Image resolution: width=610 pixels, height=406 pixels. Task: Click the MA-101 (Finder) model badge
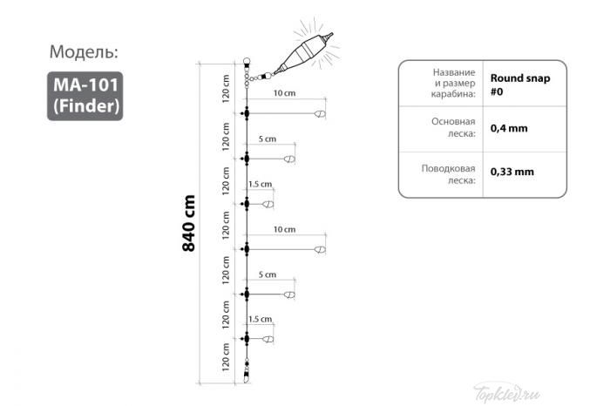85,96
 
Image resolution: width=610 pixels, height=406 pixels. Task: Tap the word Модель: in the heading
84,51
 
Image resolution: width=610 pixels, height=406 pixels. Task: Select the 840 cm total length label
189,223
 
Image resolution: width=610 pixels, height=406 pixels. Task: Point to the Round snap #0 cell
519,85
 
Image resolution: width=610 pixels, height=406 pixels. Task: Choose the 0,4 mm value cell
509,128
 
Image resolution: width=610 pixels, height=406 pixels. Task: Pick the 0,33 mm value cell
512,172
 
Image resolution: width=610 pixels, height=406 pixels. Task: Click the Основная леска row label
453,127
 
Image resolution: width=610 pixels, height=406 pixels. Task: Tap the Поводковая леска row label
448,174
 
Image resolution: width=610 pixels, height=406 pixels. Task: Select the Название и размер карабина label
453,83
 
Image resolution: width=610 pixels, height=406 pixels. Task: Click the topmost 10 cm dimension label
284,93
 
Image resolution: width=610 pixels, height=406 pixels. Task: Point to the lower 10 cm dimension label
284,229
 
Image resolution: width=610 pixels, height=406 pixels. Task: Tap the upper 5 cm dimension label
268,139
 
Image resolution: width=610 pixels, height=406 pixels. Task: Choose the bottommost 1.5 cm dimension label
261,319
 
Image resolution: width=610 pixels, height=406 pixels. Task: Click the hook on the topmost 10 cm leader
320,114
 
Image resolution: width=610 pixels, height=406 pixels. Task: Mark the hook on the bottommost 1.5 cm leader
268,339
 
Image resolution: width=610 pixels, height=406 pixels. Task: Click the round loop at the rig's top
247,62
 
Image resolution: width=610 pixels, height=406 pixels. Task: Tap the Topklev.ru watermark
507,394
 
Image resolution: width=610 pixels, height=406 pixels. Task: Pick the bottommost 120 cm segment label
225,357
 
